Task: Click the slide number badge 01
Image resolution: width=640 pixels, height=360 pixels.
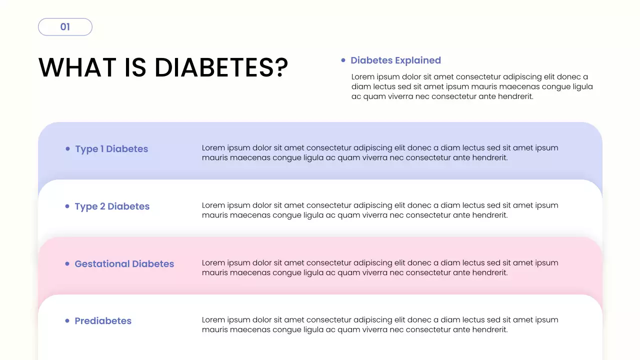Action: click(x=65, y=27)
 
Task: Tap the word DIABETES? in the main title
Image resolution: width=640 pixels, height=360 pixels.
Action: click(x=221, y=67)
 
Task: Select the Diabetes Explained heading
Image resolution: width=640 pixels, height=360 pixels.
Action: click(x=395, y=60)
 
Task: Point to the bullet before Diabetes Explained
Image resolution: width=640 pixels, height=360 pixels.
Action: click(x=343, y=60)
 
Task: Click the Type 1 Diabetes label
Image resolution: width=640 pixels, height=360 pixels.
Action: click(x=111, y=149)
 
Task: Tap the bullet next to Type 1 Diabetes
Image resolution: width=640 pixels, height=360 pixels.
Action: click(x=67, y=148)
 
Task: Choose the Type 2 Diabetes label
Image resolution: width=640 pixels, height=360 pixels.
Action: click(x=112, y=206)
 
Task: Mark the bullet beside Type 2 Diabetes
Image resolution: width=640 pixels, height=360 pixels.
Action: click(x=67, y=206)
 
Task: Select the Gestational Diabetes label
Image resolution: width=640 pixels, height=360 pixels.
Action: click(x=124, y=264)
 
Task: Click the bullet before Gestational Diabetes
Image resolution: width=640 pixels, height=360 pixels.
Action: click(x=67, y=263)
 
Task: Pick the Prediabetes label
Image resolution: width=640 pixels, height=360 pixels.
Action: click(x=103, y=321)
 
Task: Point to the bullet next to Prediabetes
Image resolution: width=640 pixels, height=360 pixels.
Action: click(x=67, y=321)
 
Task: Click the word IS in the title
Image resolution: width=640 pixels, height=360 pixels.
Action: click(x=135, y=67)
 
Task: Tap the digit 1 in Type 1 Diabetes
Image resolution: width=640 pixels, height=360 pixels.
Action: click(x=102, y=149)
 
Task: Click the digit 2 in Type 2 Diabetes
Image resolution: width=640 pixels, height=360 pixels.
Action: click(x=102, y=206)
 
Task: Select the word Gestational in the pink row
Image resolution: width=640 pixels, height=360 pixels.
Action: click(x=101, y=264)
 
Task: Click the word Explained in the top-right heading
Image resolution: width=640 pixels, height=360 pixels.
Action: click(x=418, y=60)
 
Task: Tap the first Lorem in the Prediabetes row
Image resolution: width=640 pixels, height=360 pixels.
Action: click(x=213, y=320)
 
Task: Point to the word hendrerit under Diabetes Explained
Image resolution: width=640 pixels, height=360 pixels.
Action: click(x=515, y=96)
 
